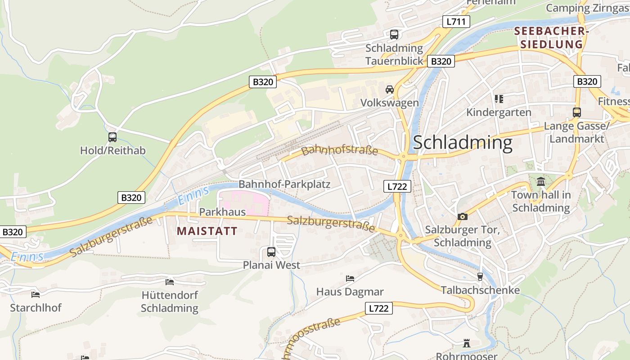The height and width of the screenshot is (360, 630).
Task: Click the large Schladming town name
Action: (462, 143)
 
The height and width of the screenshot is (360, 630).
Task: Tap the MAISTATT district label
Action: (207, 231)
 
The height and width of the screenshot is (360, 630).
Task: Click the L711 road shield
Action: (456, 22)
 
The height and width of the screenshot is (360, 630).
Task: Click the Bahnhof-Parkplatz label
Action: (284, 184)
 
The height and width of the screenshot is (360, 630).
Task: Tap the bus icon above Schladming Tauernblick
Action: (394, 34)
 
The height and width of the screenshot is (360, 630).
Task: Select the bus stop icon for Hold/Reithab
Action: (112, 137)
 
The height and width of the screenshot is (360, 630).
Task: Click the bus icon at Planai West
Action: (271, 252)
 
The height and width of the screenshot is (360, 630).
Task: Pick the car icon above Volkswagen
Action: (390, 90)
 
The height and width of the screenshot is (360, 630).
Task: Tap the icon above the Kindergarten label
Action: (499, 99)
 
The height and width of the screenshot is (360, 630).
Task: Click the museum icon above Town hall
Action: (541, 182)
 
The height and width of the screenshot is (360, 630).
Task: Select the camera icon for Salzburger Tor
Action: (462, 217)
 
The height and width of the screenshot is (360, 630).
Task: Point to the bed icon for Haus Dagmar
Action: (350, 279)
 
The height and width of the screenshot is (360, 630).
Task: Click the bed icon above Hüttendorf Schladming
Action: (170, 282)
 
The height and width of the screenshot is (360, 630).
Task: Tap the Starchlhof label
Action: (36, 308)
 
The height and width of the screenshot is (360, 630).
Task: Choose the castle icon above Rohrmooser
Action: (467, 343)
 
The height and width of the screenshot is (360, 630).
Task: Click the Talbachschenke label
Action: (480, 290)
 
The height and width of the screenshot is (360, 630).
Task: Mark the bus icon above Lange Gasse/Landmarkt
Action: (576, 112)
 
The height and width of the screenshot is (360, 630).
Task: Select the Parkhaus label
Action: (222, 211)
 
